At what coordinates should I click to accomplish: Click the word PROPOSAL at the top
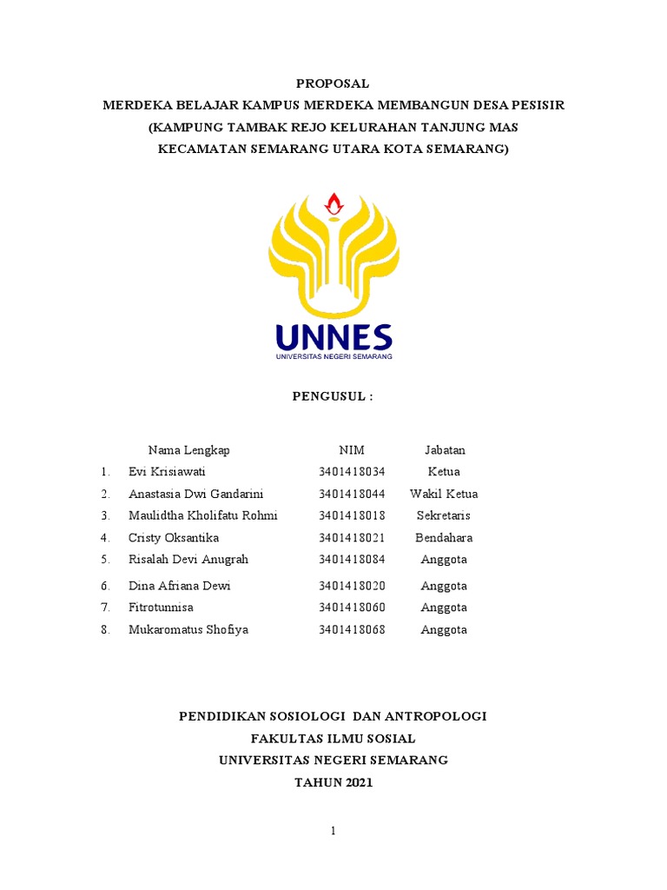[x=333, y=84]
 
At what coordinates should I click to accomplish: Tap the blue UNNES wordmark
[x=333, y=337]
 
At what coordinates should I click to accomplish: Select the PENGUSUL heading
[x=333, y=396]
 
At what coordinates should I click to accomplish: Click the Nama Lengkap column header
[x=188, y=450]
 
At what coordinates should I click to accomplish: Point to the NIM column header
[x=352, y=450]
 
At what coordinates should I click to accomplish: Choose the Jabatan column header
[x=445, y=450]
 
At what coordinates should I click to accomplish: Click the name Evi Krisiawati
[x=167, y=472]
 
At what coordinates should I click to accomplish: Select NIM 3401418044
[x=352, y=494]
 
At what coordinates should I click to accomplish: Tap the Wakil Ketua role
[x=445, y=494]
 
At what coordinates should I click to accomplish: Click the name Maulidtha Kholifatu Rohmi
[x=202, y=515]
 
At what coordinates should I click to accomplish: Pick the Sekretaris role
[x=445, y=515]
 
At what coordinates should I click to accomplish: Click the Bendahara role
[x=445, y=538]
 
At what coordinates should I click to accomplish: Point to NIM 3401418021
[x=352, y=538]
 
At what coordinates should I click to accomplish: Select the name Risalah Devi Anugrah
[x=188, y=560]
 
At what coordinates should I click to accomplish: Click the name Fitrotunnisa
[x=161, y=608]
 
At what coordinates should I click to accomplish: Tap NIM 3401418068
[x=352, y=629]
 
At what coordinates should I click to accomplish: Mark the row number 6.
[x=105, y=586]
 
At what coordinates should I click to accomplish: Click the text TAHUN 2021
[x=333, y=782]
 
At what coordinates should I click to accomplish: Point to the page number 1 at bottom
[x=333, y=831]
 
